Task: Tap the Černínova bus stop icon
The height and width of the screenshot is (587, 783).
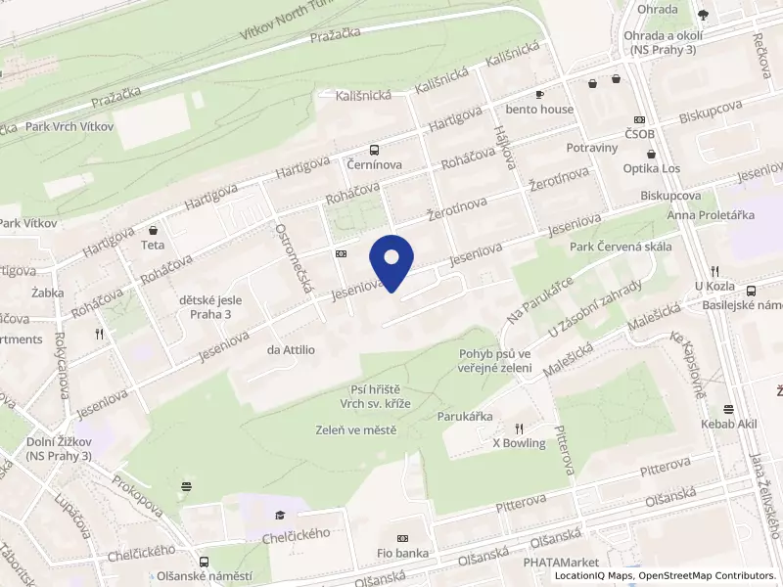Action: (374, 150)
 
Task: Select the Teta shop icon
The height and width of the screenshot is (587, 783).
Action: (153, 229)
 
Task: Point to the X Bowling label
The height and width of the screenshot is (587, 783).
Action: (518, 443)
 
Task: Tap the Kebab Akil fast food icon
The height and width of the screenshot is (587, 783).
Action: (729, 409)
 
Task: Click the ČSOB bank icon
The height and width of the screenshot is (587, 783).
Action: (639, 117)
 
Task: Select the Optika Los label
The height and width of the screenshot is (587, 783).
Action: (651, 168)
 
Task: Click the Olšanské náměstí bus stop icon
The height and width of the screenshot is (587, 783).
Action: (204, 562)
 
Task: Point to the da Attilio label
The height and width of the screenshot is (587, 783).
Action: (291, 349)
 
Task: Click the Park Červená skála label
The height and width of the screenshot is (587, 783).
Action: (621, 247)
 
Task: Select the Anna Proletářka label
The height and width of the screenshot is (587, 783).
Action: (711, 214)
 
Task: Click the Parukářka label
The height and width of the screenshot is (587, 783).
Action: (465, 415)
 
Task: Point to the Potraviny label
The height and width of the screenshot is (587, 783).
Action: (592, 148)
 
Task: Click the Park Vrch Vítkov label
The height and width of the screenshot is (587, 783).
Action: (69, 126)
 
